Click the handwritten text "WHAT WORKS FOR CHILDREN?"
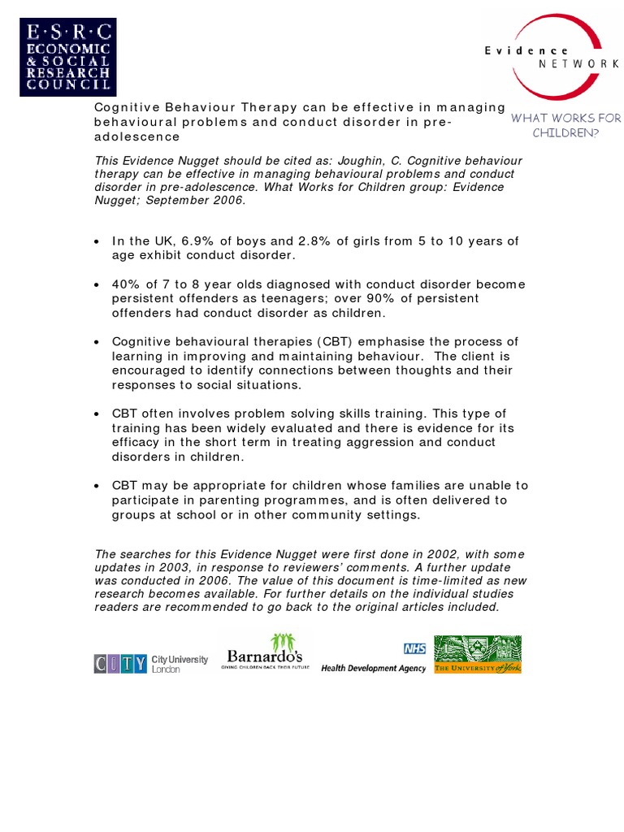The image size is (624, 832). point(565,125)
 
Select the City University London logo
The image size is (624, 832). point(151,663)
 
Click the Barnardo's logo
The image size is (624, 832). point(265,655)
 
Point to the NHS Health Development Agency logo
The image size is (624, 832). point(374,658)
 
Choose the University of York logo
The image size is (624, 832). point(478,655)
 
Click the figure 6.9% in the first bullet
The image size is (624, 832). point(200,241)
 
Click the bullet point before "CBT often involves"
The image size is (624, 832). point(97,414)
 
